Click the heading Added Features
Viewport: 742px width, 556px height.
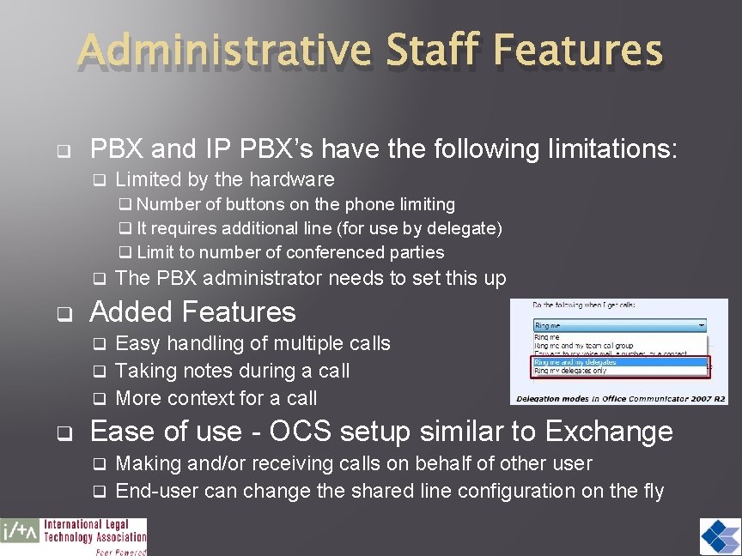tap(193, 311)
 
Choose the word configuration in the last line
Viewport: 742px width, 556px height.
tap(519, 491)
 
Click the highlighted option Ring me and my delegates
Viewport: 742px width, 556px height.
tap(576, 362)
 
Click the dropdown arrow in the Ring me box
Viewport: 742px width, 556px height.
tap(701, 326)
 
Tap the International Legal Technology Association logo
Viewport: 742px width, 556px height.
tap(74, 537)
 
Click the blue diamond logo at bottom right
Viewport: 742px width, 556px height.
tap(720, 537)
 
